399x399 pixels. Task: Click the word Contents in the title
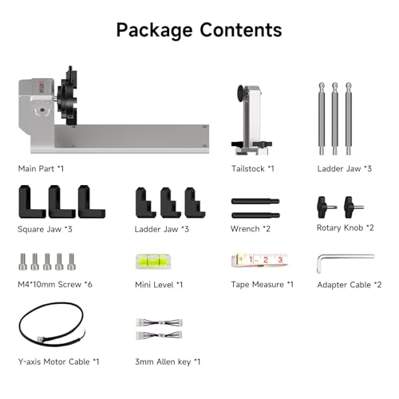[x=241, y=30]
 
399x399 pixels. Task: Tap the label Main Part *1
[x=41, y=168]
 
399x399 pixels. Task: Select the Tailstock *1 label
[x=253, y=168]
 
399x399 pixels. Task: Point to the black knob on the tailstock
[x=242, y=93]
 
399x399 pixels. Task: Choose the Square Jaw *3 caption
[x=45, y=229]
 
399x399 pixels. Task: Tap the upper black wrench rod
[x=255, y=201]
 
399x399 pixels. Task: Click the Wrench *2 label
[x=251, y=229]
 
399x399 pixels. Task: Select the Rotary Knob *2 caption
[x=346, y=228]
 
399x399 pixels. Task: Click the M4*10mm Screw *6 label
[x=55, y=284]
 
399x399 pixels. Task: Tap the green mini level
[x=153, y=262]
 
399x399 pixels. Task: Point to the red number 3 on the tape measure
[x=280, y=259]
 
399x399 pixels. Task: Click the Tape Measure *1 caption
[x=263, y=285]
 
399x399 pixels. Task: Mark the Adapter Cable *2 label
[x=350, y=285]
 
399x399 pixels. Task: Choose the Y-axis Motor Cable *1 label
[x=58, y=361]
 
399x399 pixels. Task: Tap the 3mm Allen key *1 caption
[x=168, y=361]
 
